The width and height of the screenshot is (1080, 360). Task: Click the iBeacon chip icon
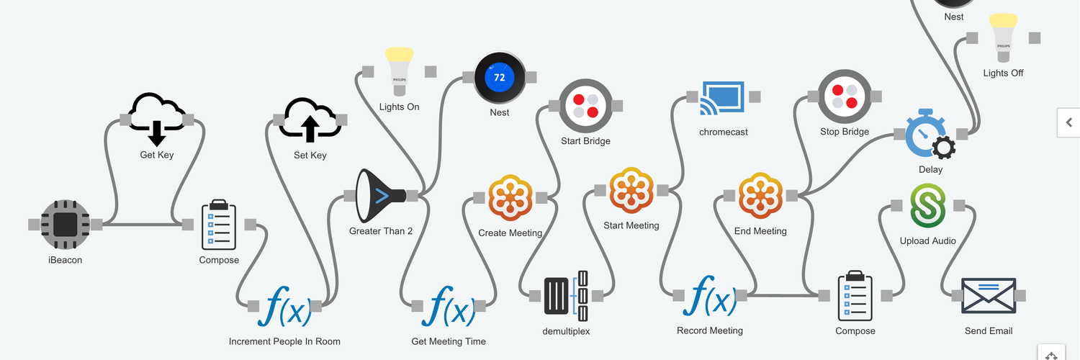[x=66, y=224]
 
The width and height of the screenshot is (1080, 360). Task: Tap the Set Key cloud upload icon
[x=310, y=120]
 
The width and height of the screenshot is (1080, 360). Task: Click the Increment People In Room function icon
[x=284, y=305]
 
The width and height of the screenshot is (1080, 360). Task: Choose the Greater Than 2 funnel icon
[x=381, y=196]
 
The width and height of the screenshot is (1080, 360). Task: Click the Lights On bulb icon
[x=399, y=71]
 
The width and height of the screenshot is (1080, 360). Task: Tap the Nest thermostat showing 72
[x=499, y=77]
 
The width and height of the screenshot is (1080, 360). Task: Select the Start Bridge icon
[x=585, y=105]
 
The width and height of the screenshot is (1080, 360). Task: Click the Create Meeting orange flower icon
[x=510, y=197]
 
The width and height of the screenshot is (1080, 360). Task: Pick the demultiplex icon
[x=566, y=295]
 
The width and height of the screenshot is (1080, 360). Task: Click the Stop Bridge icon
[x=845, y=96]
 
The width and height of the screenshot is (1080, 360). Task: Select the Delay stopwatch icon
[x=930, y=135]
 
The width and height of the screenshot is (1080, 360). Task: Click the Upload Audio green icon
[x=928, y=207]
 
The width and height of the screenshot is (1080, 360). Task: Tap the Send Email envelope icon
[x=989, y=295]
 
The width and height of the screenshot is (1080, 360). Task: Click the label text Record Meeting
[x=709, y=330]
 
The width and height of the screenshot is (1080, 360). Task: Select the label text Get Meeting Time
[x=449, y=341]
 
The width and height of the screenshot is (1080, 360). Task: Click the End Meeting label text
[x=760, y=231]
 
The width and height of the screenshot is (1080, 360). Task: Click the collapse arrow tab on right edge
[x=1068, y=122]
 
